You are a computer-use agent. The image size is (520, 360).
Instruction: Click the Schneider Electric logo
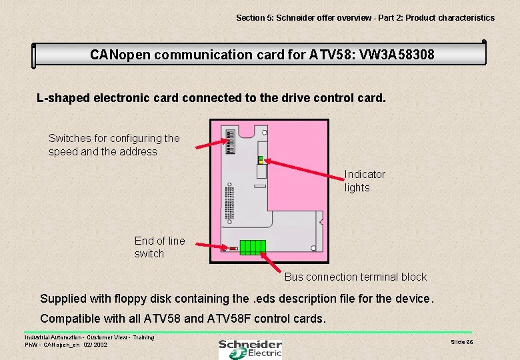[250, 347]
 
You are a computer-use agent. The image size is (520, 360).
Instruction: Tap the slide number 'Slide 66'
[461, 342]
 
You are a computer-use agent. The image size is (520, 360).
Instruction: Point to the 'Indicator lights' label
[364, 181]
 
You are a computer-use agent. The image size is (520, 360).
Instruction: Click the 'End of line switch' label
[159, 247]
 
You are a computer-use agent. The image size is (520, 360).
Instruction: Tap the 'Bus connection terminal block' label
[355, 277]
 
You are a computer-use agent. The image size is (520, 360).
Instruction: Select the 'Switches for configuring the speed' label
[114, 145]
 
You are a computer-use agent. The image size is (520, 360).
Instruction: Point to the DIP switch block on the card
[231, 141]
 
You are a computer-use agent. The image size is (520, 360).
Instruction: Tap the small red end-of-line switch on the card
[233, 249]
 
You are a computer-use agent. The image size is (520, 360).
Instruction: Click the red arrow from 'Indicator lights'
[304, 169]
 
